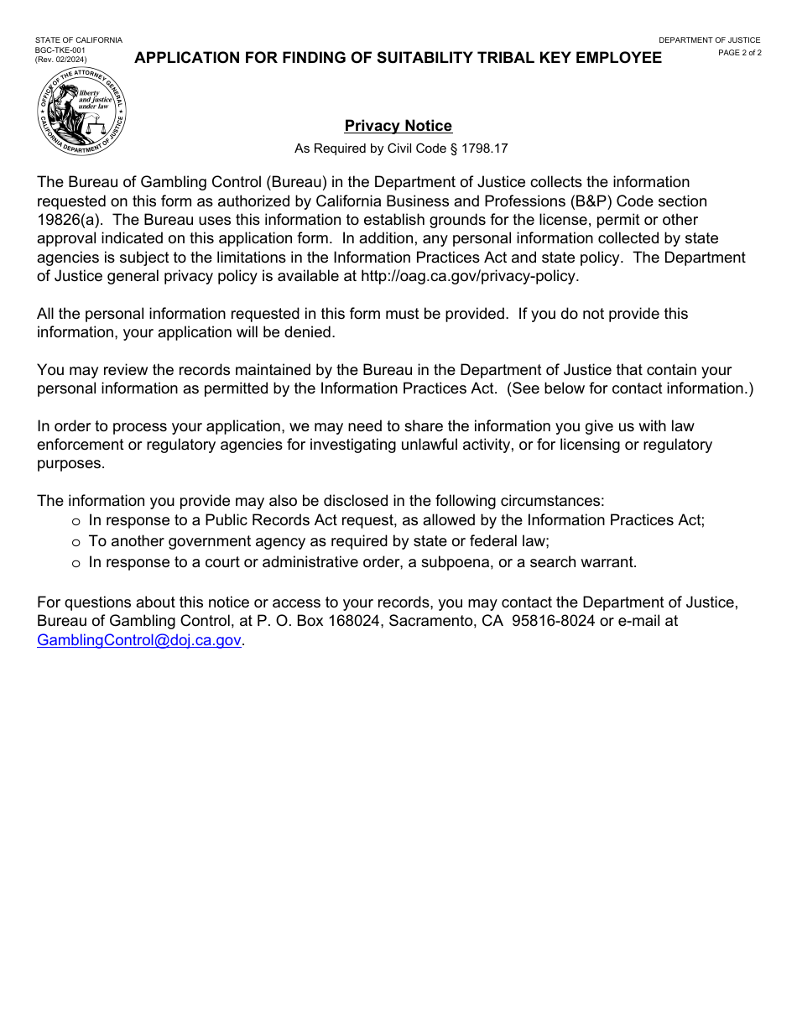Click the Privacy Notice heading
pos(398,126)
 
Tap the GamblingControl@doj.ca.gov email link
pos(139,640)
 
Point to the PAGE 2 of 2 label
pos(739,53)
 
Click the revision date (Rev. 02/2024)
pos(60,60)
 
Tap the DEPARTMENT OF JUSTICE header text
pos(709,40)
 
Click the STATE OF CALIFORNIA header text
pos(78,40)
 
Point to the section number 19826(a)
pos(71,220)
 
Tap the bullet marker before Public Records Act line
pos(76,521)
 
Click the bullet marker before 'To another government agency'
pos(76,542)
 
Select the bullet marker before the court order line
pos(76,563)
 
